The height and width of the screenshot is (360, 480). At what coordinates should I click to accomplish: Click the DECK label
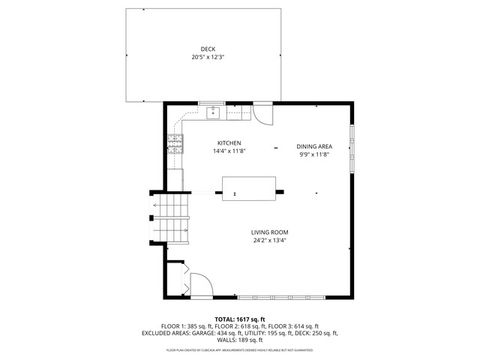pos(207,49)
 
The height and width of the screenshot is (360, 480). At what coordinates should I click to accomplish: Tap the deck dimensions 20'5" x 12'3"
pos(207,57)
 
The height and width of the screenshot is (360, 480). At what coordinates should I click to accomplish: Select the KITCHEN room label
pos(229,143)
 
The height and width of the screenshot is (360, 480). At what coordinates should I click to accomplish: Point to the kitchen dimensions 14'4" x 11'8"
pos(229,151)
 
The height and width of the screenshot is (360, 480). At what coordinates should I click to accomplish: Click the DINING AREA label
pos(314,146)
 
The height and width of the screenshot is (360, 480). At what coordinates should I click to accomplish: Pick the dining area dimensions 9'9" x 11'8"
pos(314,154)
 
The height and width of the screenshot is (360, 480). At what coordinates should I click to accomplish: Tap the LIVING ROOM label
pos(270,232)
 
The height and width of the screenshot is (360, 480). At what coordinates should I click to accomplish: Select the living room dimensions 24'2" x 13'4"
pos(270,240)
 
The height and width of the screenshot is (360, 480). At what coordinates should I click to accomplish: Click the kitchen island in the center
pos(248,187)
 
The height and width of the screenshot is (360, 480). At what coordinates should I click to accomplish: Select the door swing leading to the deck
pos(262,113)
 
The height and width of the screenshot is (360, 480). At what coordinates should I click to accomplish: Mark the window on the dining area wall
pos(351,145)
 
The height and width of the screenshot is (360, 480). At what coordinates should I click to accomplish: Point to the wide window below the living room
pos(281,297)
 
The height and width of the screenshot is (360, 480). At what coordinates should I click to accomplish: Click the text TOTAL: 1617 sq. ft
pos(239,317)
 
